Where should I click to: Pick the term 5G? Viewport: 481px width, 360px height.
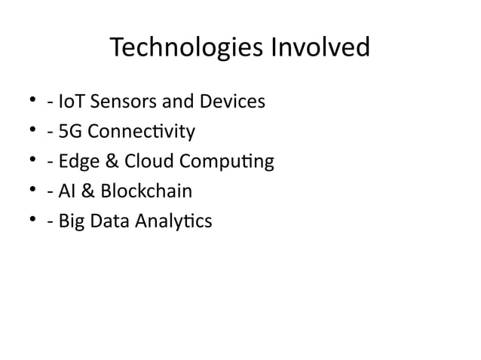pos(63,133)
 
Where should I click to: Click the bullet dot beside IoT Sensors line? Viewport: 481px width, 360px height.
pos(32,102)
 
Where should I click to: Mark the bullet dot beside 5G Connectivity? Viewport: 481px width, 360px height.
pos(32,133)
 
